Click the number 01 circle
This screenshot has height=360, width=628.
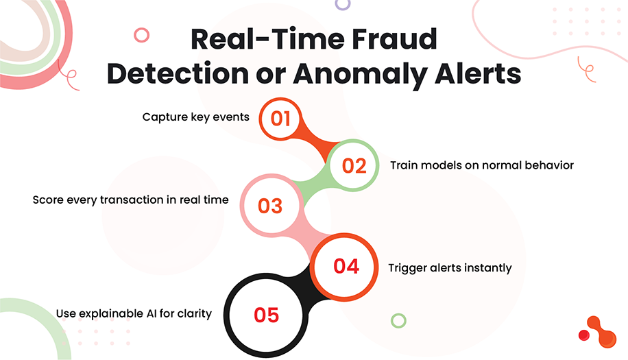coord(280,119)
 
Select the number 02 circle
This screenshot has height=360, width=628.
coord(354,166)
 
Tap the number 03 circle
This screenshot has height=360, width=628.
coord(270,205)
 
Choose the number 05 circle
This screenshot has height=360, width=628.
coord(266,315)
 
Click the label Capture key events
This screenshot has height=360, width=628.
coord(195,117)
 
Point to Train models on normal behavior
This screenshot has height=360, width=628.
coord(481,165)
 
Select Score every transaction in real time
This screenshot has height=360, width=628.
coord(130,200)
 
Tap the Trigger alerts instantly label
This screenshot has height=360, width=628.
coord(450,267)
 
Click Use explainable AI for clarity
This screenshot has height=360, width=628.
coord(134,313)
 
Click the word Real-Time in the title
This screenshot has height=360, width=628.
coord(252,40)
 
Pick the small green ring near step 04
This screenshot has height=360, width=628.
coord(398,320)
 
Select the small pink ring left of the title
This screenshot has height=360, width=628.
coord(142,35)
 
